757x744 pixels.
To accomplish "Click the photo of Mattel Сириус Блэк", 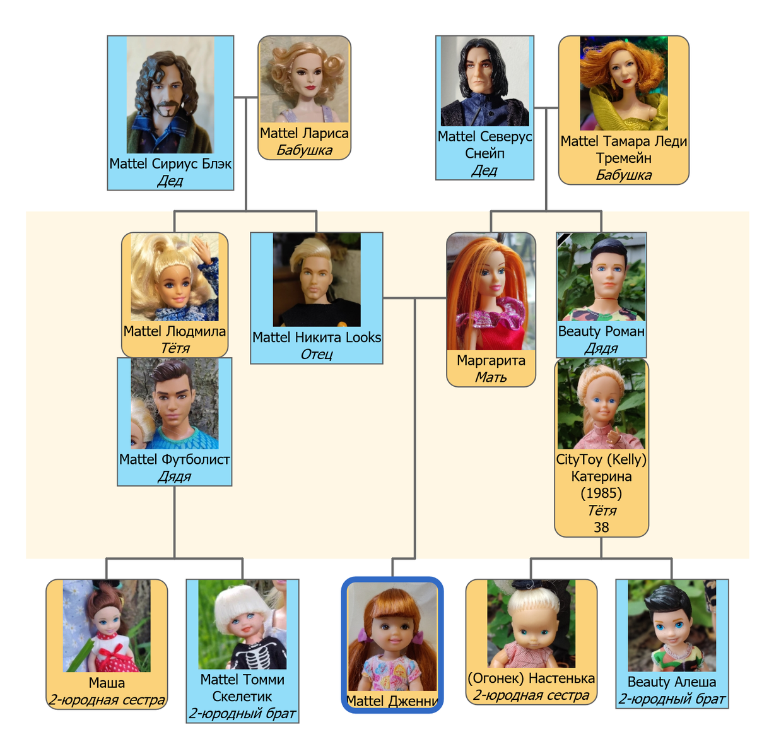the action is pyautogui.click(x=170, y=95).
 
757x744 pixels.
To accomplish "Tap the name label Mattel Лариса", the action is pyautogui.click(x=304, y=133).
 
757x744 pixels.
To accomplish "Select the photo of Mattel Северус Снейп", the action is pyautogui.click(x=484, y=81).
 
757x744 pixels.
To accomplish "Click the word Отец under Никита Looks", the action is pyautogui.click(x=316, y=354).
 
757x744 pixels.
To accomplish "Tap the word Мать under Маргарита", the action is pyautogui.click(x=491, y=377).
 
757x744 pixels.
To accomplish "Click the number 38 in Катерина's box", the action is pyautogui.click(x=601, y=528).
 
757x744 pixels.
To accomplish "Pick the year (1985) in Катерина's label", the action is pyautogui.click(x=601, y=493).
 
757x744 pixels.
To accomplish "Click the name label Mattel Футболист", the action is pyautogui.click(x=174, y=459).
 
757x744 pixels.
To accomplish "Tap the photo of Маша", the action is pyautogui.click(x=107, y=625).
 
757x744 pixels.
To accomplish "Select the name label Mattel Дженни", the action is pyautogui.click(x=392, y=701).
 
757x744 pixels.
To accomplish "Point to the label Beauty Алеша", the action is pyautogui.click(x=671, y=682).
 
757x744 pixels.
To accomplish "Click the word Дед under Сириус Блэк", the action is pyautogui.click(x=170, y=181).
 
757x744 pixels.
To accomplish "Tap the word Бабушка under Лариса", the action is pyautogui.click(x=304, y=150).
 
